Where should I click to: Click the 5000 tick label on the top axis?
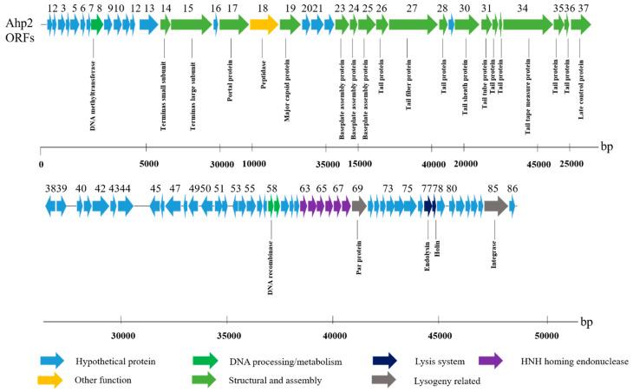click(x=148, y=162)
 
